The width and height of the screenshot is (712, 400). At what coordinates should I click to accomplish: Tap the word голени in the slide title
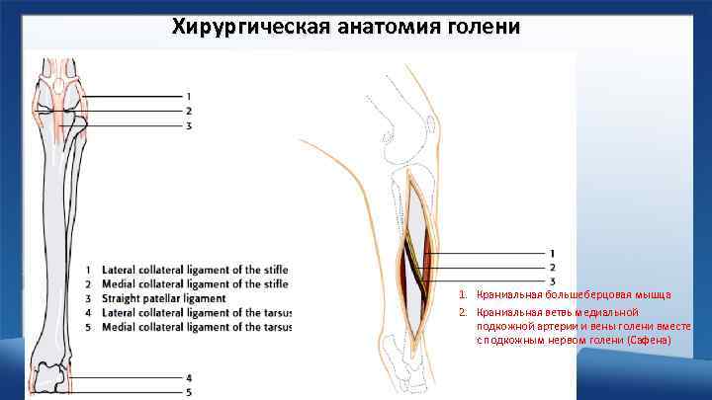coord(482,26)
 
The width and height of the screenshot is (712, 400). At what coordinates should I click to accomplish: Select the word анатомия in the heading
coord(375,26)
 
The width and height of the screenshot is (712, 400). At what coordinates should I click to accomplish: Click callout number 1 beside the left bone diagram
coord(189,96)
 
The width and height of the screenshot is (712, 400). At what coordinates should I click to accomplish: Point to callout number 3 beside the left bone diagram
coord(189,125)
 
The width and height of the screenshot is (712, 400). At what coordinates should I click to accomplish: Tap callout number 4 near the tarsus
coord(189,378)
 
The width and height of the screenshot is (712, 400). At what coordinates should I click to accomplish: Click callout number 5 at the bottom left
coord(189,393)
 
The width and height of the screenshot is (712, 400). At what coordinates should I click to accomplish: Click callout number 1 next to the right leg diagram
coord(553,254)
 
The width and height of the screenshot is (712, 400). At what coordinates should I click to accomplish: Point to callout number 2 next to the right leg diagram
coord(553,268)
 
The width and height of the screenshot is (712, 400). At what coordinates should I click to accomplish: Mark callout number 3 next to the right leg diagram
coord(553,282)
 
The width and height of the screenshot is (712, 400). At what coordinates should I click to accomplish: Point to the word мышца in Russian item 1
coord(655,295)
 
